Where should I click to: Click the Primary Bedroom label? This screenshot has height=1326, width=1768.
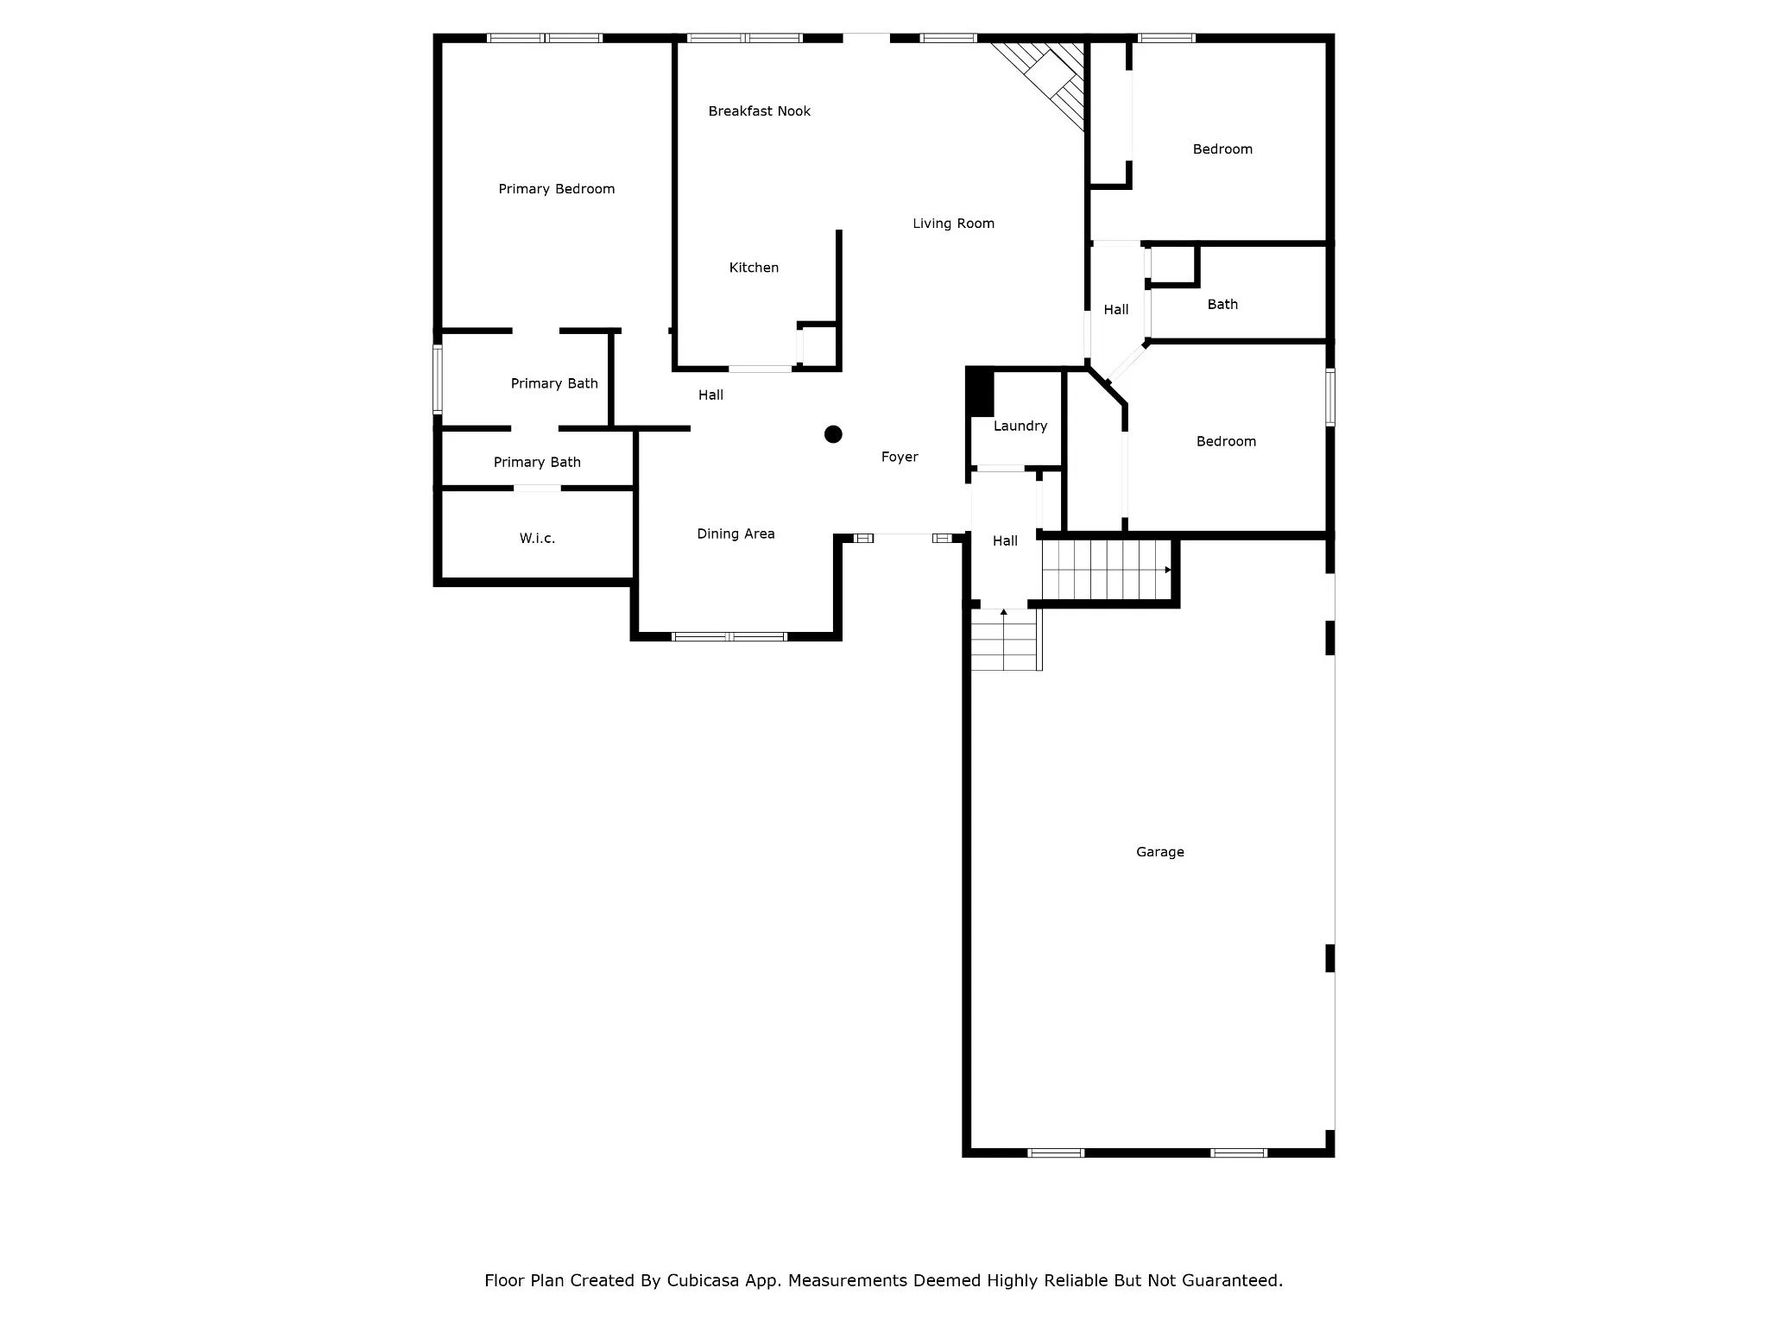(x=557, y=189)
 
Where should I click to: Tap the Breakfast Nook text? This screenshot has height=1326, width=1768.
(x=760, y=110)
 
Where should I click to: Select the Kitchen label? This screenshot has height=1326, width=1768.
(x=754, y=268)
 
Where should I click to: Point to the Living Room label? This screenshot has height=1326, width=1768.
(x=954, y=224)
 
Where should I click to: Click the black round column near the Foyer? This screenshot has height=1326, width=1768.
(x=833, y=434)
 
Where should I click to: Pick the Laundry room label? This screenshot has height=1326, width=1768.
(x=1020, y=426)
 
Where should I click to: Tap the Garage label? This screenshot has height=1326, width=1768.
(x=1160, y=852)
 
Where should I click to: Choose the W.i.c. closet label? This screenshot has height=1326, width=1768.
(x=537, y=539)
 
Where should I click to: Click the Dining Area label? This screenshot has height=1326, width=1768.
(x=736, y=534)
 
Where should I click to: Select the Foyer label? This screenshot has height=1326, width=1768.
(x=900, y=458)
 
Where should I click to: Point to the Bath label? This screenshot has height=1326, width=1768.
(x=1222, y=304)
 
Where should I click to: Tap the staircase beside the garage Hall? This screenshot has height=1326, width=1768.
(x=1108, y=570)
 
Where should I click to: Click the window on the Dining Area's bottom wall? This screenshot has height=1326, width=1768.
(x=729, y=637)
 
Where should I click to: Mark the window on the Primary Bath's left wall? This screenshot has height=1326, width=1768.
(x=438, y=379)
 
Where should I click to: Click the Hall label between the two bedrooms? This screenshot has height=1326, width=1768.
(x=1116, y=310)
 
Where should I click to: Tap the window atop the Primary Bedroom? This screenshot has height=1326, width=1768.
(x=545, y=38)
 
